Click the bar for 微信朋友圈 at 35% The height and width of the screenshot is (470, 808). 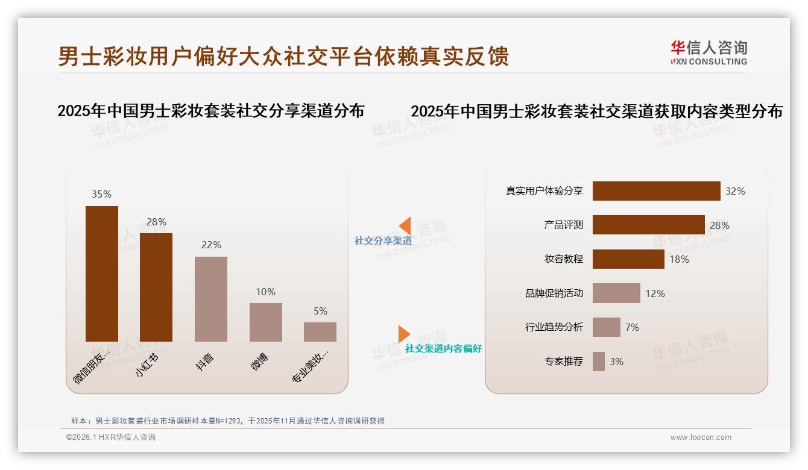(x=102, y=274)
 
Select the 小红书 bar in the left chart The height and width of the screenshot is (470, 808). (x=156, y=287)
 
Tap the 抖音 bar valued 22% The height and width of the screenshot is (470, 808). (x=211, y=299)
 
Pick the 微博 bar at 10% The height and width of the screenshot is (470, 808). (x=266, y=322)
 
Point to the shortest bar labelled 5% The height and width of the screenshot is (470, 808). (x=320, y=332)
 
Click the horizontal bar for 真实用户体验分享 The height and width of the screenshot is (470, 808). (x=656, y=191)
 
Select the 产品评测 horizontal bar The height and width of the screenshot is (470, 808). (x=648, y=225)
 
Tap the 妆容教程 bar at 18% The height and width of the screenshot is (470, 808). (x=628, y=259)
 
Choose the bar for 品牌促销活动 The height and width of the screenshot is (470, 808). (x=616, y=293)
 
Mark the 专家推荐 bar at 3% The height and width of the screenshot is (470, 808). (x=599, y=362)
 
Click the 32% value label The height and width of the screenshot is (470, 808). (x=735, y=191)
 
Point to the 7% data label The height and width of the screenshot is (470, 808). (x=632, y=327)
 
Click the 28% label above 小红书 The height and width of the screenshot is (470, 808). (x=156, y=222)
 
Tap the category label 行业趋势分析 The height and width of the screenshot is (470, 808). (x=554, y=327)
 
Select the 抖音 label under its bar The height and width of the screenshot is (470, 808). (x=205, y=362)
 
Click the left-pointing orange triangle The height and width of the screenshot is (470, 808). (x=405, y=226)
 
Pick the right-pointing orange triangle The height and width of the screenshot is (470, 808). (x=404, y=334)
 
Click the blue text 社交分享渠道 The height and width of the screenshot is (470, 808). (x=383, y=240)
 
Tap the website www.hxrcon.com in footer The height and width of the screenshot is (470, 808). (x=701, y=437)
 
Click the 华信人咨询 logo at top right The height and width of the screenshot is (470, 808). (x=709, y=52)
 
